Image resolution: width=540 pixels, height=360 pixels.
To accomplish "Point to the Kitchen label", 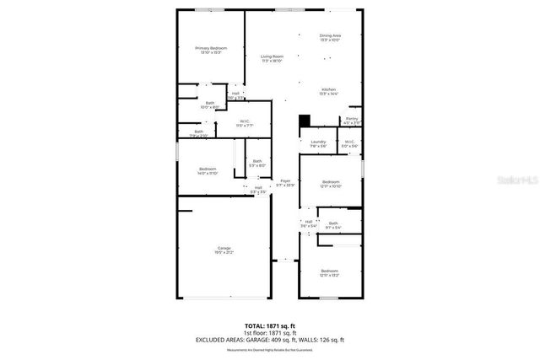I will pos(329,91).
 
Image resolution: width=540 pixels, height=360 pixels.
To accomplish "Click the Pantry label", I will pos(352,121).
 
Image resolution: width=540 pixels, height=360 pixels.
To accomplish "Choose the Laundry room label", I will pos(318,143).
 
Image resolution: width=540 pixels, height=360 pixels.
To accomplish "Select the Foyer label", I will pos(286,182).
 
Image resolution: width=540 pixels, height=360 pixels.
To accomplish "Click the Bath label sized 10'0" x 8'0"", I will pos(209,105).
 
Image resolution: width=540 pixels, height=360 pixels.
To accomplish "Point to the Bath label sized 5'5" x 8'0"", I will pos(257,163).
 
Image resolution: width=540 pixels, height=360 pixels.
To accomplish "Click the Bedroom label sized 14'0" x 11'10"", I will pos(208,171).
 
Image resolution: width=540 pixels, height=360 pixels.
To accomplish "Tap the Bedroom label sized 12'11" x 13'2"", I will pos(329,272).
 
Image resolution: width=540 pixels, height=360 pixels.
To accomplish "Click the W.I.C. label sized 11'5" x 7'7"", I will pos(245,124).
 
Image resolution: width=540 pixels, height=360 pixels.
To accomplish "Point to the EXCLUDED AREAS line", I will pos(270,339).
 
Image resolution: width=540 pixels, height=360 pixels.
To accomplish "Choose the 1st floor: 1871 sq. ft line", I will pos(270,332).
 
